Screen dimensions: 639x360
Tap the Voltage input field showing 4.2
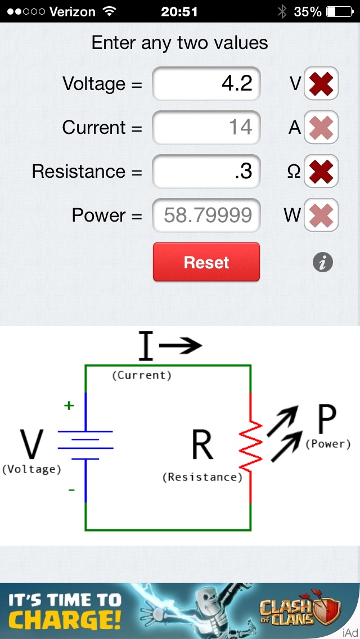coord(206,84)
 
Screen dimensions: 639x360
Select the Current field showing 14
coord(206,128)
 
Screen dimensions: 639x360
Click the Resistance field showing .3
coord(206,172)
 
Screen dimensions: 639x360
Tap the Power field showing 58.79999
coord(206,215)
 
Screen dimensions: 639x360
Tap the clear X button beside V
coord(321,84)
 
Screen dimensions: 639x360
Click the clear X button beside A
coord(321,128)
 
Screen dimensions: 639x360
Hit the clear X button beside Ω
coord(321,172)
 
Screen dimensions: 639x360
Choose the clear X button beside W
coord(321,215)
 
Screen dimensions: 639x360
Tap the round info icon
coord(323,262)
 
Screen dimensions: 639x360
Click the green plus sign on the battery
coord(69,406)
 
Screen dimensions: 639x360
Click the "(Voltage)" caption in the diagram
coord(31,469)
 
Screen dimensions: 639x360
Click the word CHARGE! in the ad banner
coord(65,620)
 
